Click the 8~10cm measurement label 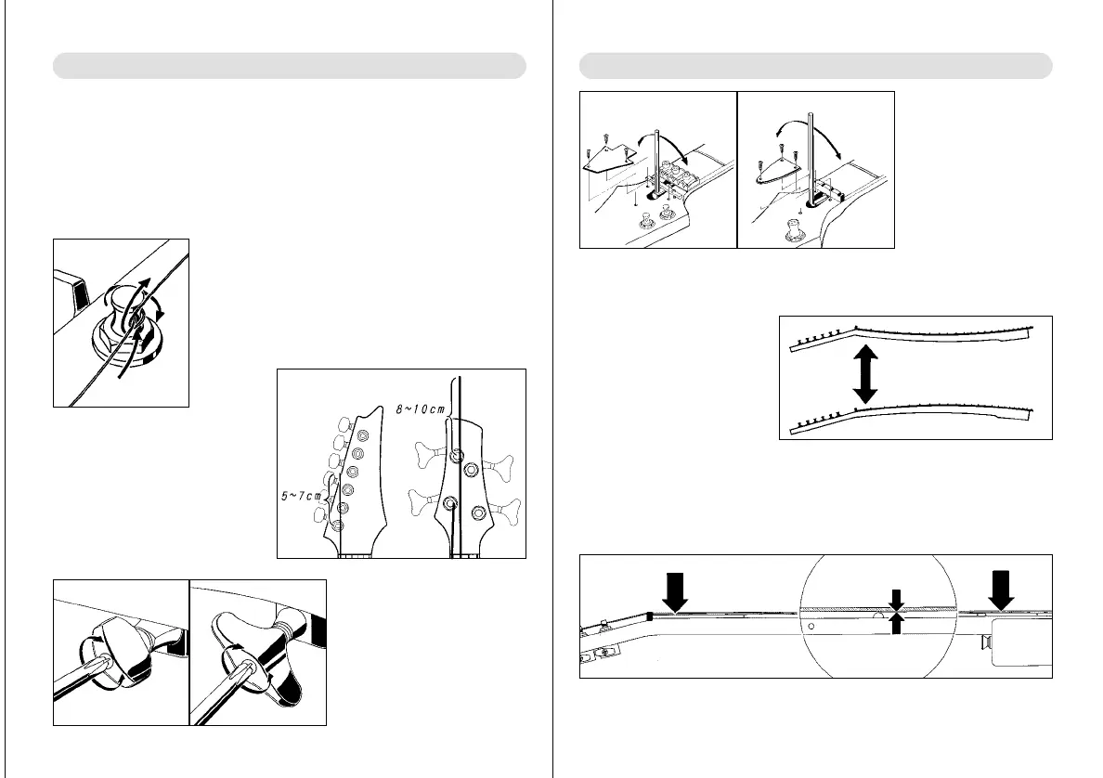click(420, 408)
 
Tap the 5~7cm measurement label click(302, 495)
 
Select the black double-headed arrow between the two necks click(864, 373)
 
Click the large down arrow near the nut click(675, 591)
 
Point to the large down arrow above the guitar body click(1000, 590)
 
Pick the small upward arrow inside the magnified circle click(895, 623)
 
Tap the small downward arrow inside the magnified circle click(895, 600)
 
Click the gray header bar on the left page click(289, 65)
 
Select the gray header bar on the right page click(815, 65)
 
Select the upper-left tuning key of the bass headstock click(431, 454)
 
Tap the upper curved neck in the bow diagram click(912, 336)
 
